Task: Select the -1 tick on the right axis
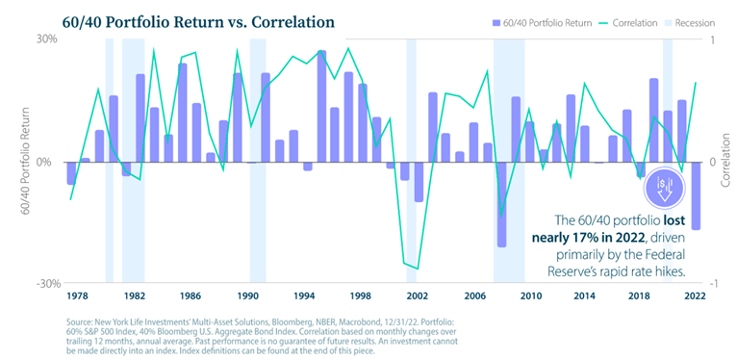point(713,284)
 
